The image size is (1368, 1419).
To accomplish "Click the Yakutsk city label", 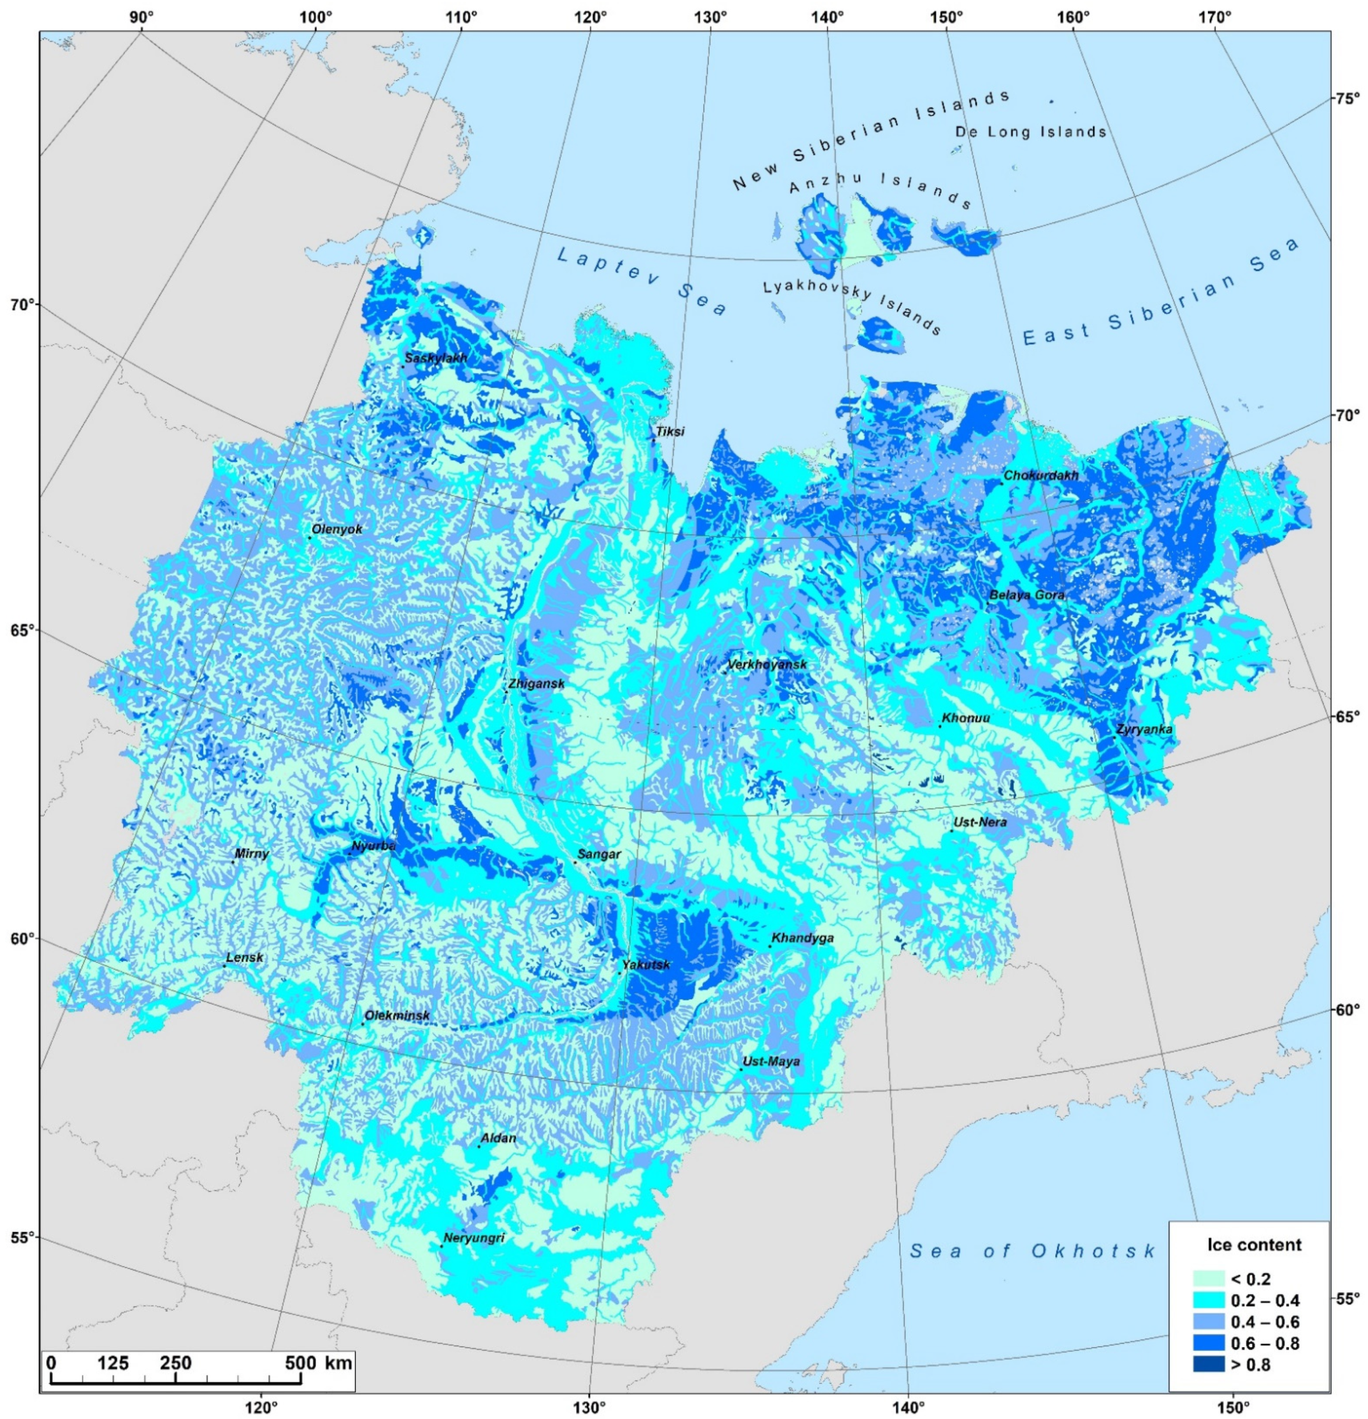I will click(645, 964).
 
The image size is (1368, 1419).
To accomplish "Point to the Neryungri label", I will click(473, 1238).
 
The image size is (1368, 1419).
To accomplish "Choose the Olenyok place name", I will click(337, 529).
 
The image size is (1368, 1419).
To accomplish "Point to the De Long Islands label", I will click(1030, 132).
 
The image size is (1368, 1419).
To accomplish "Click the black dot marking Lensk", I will click(224, 966).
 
